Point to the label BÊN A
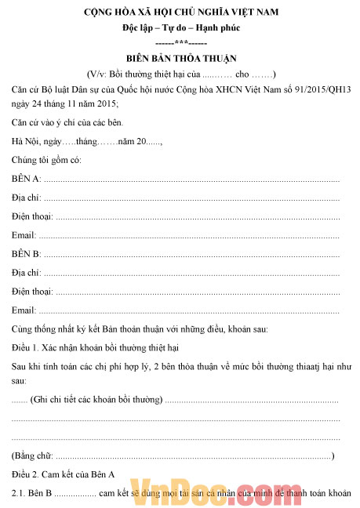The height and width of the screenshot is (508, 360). [26, 179]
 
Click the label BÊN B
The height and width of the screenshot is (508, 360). [26, 254]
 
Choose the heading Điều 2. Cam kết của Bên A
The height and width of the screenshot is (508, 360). [63, 474]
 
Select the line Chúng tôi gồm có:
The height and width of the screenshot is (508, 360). [46, 160]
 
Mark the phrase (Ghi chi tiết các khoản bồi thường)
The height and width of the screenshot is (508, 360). [96, 401]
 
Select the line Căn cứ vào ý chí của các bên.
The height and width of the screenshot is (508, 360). [67, 122]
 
